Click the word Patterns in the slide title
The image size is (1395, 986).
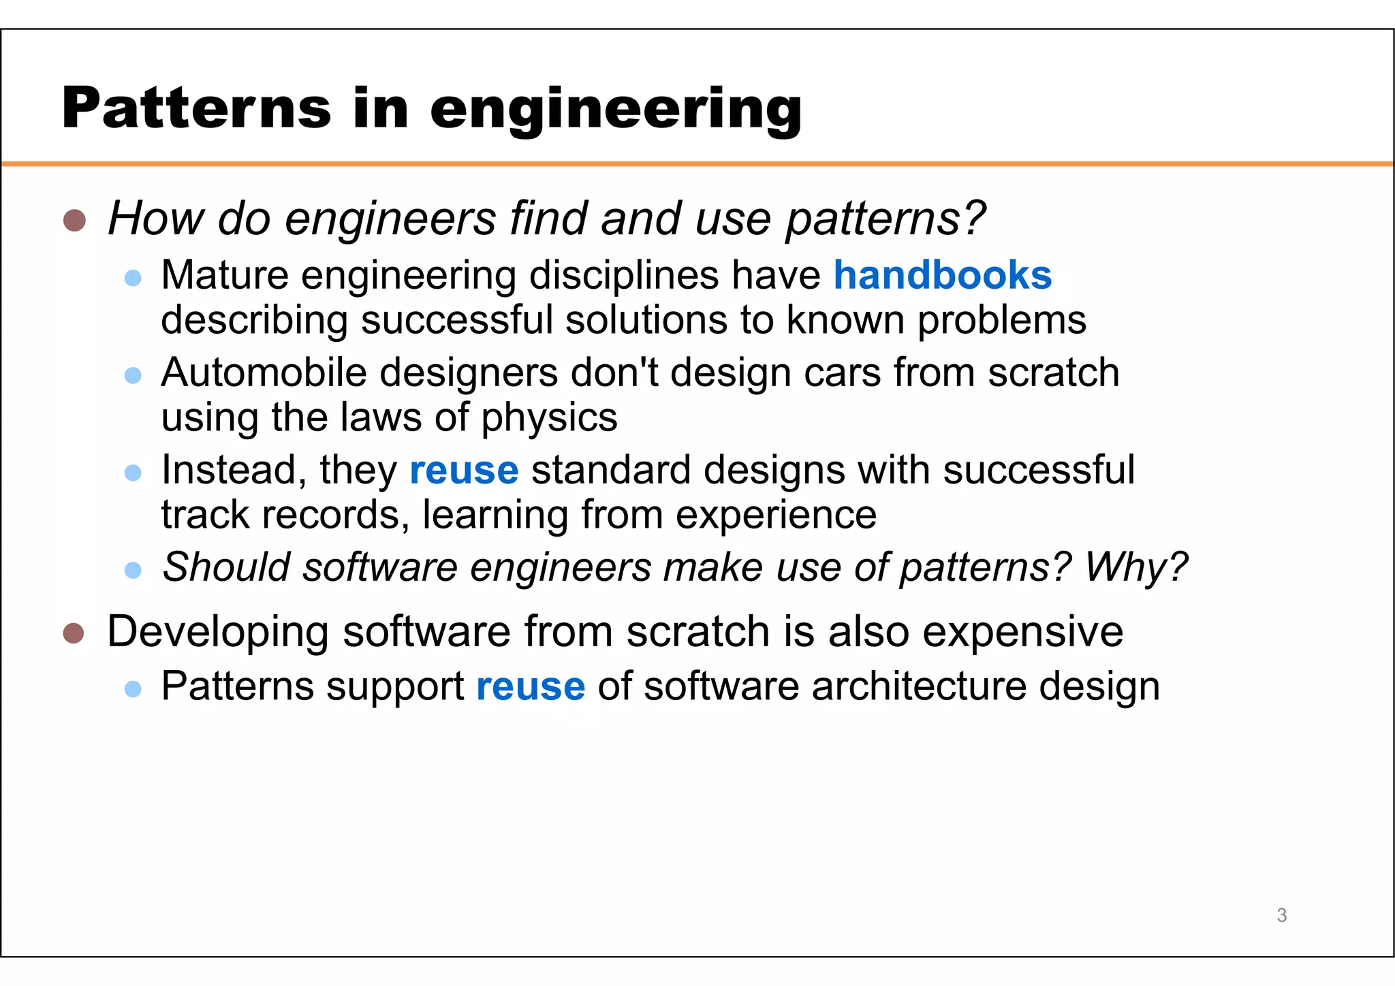click(196, 108)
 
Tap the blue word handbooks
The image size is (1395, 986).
click(943, 275)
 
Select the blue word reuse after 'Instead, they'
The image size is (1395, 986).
click(464, 471)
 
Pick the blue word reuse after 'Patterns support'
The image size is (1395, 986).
click(531, 686)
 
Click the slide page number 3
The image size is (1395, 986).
click(1281, 915)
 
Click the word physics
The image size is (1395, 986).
click(549, 418)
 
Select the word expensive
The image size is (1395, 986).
click(1022, 631)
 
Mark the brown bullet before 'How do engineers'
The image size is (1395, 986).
click(74, 220)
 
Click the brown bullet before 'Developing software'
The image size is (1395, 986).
click(74, 633)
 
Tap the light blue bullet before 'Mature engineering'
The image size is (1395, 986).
click(133, 278)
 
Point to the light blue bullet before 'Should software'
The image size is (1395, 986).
click(133, 569)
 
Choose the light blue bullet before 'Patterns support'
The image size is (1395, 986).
click(133, 689)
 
